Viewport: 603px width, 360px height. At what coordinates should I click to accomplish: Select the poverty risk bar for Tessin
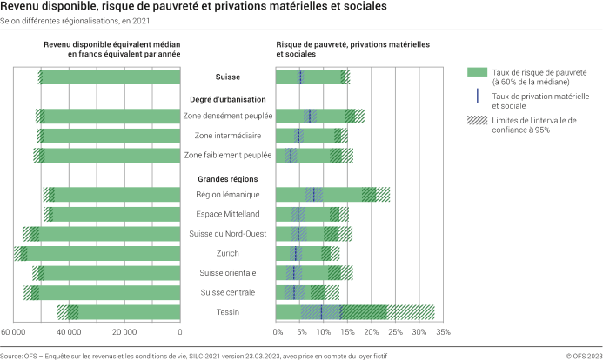point(331,312)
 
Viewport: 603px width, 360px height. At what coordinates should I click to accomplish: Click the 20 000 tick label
point(124,332)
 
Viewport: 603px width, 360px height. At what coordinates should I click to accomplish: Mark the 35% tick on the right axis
point(443,332)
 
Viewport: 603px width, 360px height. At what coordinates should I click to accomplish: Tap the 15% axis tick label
point(348,332)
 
